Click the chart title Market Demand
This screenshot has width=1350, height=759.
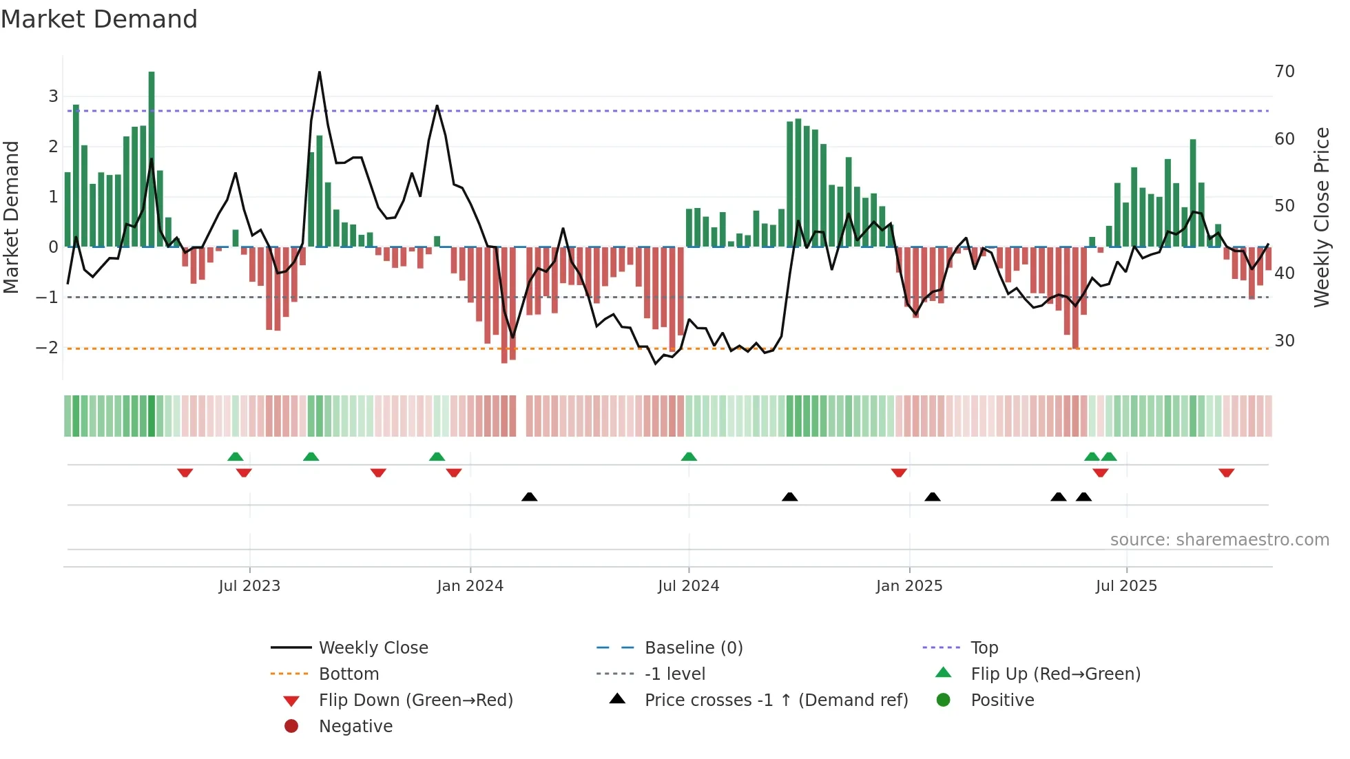coord(99,19)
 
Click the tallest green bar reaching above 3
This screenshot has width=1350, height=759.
coord(152,158)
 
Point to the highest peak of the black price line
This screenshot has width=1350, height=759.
coord(320,72)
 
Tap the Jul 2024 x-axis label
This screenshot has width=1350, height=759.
coord(688,586)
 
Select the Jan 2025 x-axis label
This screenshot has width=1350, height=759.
coord(909,586)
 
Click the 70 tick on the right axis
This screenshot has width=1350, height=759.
coord(1285,72)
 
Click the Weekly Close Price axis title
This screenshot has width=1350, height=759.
coord(1321,217)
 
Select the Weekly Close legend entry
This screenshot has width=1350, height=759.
coord(373,648)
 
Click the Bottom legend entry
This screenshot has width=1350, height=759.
coord(349,674)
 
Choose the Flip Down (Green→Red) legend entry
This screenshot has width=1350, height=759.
coord(415,700)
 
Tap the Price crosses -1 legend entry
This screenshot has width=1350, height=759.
coord(776,700)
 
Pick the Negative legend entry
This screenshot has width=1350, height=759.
coord(355,727)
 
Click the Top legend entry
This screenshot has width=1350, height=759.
coord(984,648)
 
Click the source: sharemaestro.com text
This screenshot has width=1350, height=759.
coord(1219,540)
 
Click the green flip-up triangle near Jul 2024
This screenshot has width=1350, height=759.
coord(689,457)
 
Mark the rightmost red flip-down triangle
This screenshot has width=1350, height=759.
coord(1226,472)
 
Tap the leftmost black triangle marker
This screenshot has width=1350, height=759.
coord(529,497)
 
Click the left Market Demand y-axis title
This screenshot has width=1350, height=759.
coord(11,217)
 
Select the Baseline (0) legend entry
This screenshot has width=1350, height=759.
coord(693,648)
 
